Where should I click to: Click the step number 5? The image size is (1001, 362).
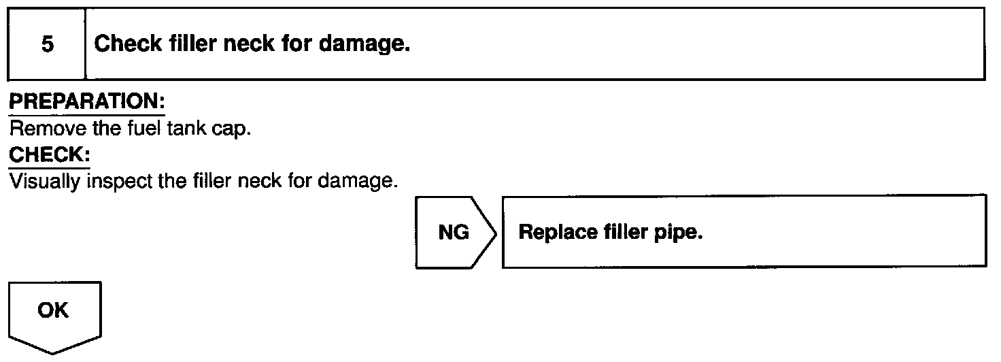(x=47, y=45)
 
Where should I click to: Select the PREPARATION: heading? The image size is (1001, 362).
(x=87, y=103)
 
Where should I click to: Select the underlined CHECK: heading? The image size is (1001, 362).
(x=49, y=155)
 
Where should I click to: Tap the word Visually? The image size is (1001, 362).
(x=46, y=182)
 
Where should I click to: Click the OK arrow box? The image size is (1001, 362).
(x=54, y=312)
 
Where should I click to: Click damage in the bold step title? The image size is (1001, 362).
(x=367, y=45)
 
